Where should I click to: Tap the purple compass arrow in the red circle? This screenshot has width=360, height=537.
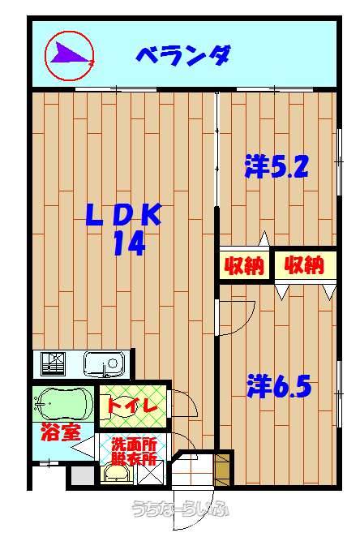coord(71,54)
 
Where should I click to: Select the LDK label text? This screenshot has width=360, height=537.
coord(123,214)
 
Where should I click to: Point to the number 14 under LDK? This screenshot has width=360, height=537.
coord(130,243)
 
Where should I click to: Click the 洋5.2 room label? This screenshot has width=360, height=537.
coord(276,167)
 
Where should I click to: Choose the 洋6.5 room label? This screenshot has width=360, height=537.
coord(279,386)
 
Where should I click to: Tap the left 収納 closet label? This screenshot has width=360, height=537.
coord(244,265)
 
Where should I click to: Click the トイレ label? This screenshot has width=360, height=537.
coord(131,405)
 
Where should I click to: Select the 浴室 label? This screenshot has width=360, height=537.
coord(61,432)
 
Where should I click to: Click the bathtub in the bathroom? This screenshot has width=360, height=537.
coord(64,404)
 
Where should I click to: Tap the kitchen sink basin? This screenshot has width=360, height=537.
coord(104,364)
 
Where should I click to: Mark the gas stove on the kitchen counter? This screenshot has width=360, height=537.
coord(53,363)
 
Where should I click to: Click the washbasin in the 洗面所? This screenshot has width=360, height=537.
coord(117,475)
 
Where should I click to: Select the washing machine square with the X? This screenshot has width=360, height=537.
coord(150,472)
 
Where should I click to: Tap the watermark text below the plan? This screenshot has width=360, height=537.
coord(181,509)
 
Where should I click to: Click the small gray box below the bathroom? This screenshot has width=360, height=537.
coord(83,475)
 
